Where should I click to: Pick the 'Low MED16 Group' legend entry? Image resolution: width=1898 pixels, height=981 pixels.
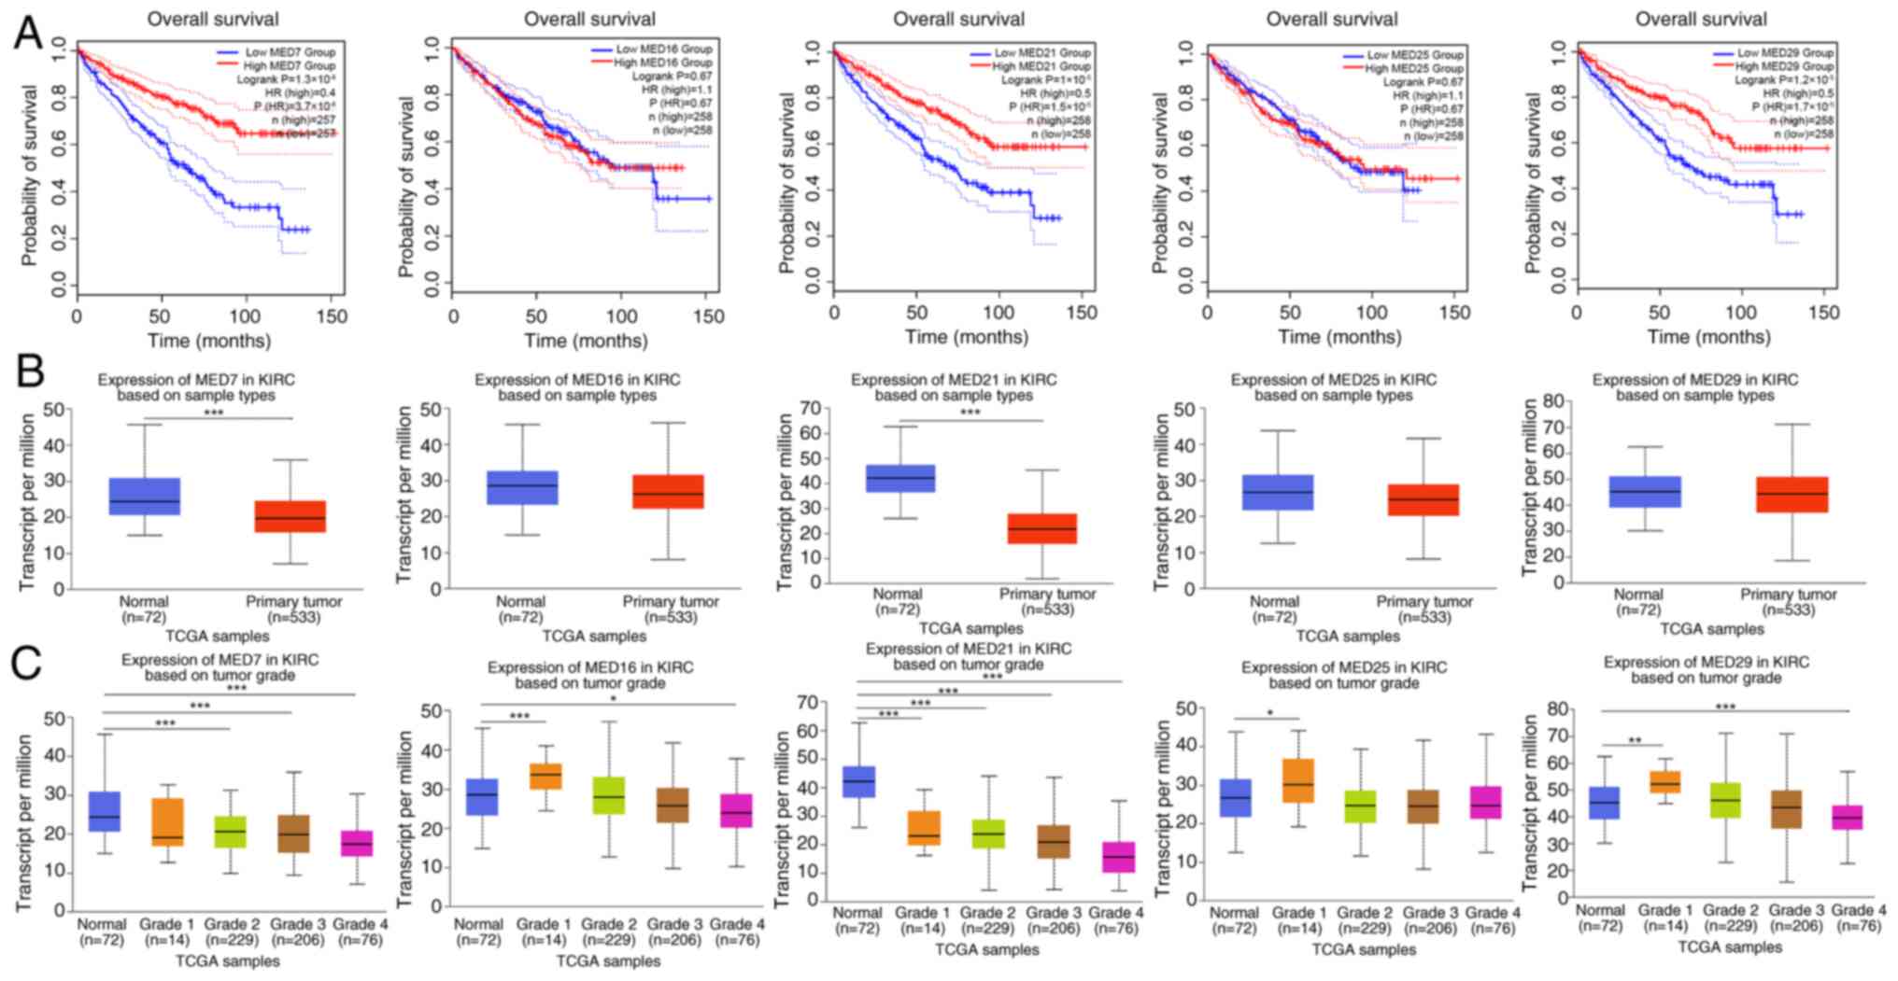tap(664, 49)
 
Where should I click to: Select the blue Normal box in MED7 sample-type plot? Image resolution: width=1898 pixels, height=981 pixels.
tap(145, 496)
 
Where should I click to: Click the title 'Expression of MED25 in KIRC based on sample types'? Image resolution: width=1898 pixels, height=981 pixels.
tap(1333, 387)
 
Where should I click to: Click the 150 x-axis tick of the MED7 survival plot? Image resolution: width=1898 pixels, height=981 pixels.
tap(331, 315)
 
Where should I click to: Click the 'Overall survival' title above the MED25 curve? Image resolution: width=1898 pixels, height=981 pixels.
tap(1332, 19)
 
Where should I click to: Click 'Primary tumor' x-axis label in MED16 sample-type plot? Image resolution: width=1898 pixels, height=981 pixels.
tap(671, 602)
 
